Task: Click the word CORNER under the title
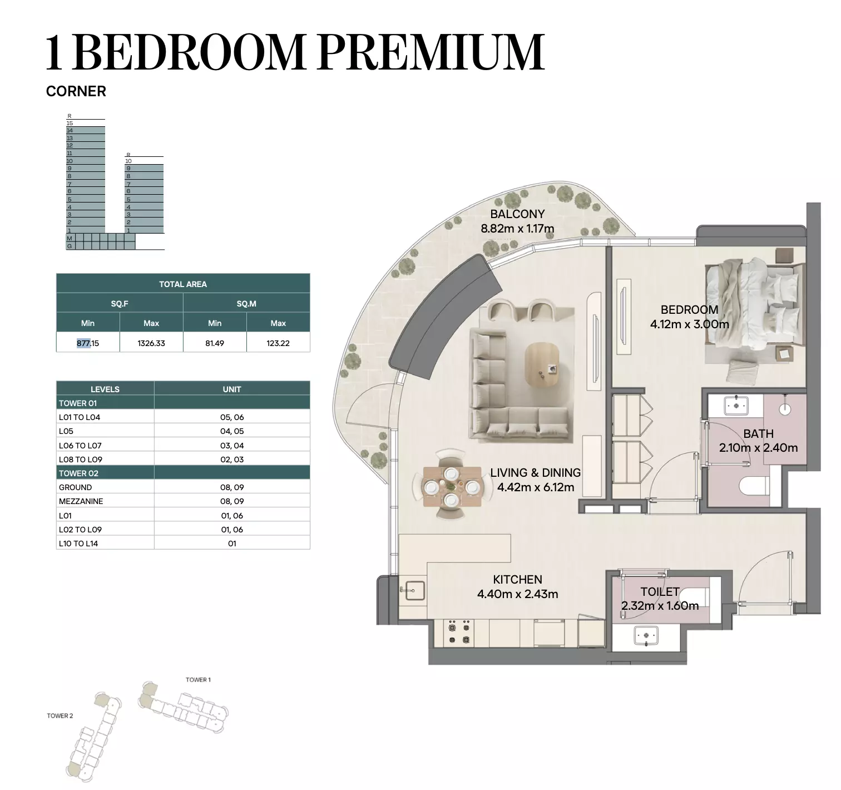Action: point(76,91)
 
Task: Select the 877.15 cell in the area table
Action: point(88,343)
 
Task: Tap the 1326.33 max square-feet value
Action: point(151,343)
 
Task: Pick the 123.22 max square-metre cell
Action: point(278,343)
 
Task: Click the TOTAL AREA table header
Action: point(183,284)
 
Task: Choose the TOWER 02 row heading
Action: point(78,473)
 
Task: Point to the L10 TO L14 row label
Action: point(78,544)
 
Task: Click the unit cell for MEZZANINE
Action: point(232,501)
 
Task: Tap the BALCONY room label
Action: point(517,214)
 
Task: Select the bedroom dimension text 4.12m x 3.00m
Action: point(689,324)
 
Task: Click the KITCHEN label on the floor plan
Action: point(517,579)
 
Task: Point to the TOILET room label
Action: point(660,591)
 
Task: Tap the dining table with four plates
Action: point(452,486)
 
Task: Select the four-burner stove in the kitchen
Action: point(459,633)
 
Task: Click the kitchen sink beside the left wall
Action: point(414,590)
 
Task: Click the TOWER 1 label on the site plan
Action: point(198,679)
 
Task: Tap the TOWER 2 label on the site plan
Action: point(60,715)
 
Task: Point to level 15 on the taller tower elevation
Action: point(70,124)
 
